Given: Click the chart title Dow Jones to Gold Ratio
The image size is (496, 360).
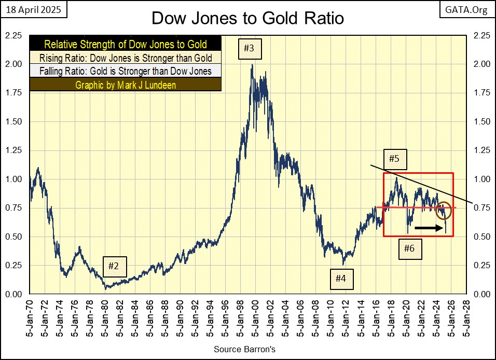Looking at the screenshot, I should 247,19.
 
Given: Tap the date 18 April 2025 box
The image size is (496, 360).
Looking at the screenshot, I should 31,9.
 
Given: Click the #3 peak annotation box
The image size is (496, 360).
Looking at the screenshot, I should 249,49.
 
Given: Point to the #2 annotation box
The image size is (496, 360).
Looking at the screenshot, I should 114,267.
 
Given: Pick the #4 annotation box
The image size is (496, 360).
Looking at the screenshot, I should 340,279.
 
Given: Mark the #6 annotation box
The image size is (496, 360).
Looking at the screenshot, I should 409,248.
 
